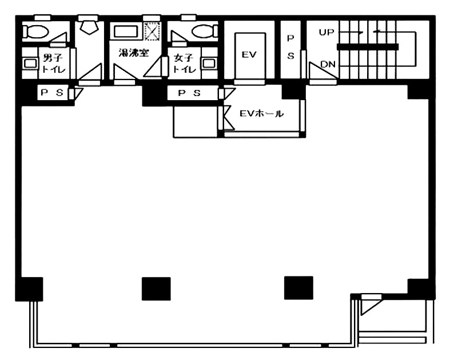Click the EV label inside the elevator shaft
tap(249, 54)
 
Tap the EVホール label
tap(261, 114)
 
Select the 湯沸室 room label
tap(134, 53)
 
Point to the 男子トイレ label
tap(53, 64)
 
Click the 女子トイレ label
tap(184, 64)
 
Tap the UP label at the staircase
tap(326, 33)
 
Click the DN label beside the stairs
tap(328, 64)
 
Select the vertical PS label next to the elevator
tap(290, 47)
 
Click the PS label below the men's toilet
tap(52, 93)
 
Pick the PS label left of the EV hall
tap(189, 93)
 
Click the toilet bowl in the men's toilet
tap(35, 31)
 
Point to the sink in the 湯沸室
tap(126, 31)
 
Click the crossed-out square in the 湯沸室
tap(152, 31)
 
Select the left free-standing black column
tap(156, 289)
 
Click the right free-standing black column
tap(298, 288)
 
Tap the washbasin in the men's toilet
tap(30, 63)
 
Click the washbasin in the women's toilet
tap(209, 63)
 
